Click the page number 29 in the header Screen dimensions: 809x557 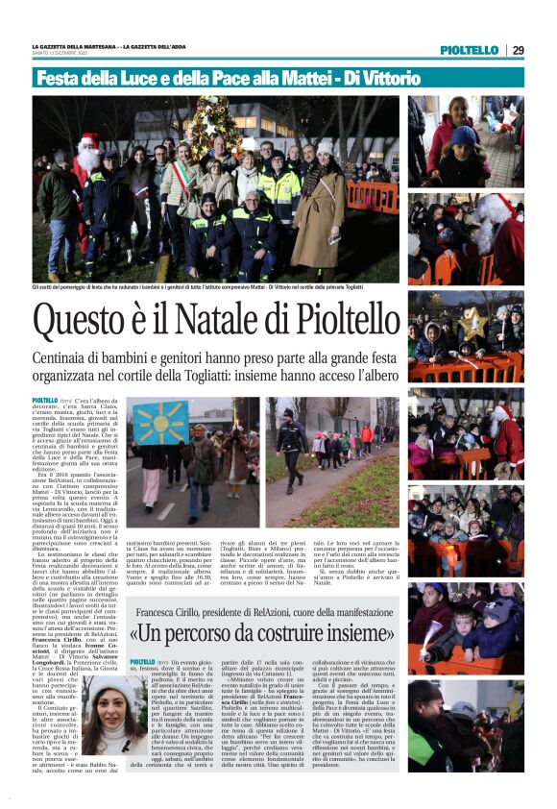pos(517,50)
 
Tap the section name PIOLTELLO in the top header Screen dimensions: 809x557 pos(470,50)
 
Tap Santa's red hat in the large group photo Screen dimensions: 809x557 pos(90,140)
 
